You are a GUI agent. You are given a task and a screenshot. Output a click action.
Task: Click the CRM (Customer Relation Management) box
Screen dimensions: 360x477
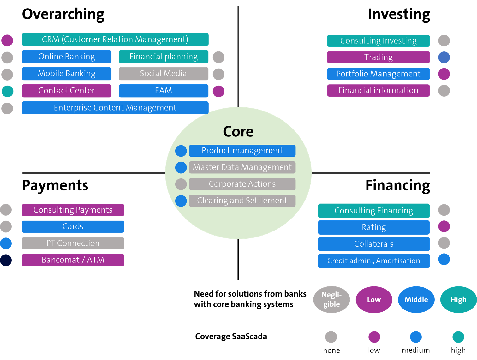(x=115, y=39)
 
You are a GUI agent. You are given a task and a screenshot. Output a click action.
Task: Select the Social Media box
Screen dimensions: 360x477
(x=163, y=74)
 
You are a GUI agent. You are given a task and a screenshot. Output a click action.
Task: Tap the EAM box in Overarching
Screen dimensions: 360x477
(x=163, y=91)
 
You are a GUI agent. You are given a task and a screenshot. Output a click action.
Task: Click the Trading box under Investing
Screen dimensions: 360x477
(x=378, y=57)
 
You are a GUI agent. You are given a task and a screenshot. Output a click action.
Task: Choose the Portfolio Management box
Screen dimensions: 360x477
(x=378, y=74)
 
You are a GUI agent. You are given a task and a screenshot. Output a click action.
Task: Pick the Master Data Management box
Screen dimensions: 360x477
(x=242, y=167)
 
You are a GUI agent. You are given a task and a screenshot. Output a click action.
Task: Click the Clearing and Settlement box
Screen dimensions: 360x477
(x=242, y=201)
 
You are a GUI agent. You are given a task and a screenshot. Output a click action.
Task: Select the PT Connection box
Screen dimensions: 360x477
(x=73, y=243)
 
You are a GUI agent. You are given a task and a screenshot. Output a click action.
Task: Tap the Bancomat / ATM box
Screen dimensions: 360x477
(x=73, y=260)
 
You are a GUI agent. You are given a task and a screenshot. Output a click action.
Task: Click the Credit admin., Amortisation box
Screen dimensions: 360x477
(x=373, y=261)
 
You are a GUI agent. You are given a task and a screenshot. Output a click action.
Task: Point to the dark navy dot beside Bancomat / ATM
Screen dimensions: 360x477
(x=6, y=260)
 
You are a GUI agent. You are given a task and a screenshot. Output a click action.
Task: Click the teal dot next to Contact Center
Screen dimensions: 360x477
(x=8, y=91)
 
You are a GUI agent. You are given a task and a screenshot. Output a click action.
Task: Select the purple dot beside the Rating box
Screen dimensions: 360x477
(x=444, y=226)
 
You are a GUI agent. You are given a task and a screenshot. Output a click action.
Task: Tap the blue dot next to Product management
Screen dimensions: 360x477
(x=181, y=151)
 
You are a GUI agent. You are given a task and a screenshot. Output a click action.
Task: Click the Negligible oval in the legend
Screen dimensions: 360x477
(x=331, y=300)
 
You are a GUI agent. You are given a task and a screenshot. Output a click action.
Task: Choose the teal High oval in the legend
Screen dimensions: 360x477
(x=458, y=300)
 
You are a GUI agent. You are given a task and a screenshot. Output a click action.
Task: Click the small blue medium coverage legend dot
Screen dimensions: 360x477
(x=416, y=337)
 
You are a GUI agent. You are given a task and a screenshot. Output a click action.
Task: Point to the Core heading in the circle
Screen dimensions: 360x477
(x=238, y=132)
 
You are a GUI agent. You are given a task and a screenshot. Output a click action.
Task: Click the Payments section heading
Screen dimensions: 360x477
(x=55, y=185)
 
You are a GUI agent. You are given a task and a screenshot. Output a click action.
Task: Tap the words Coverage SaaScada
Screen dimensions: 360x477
(x=231, y=336)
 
